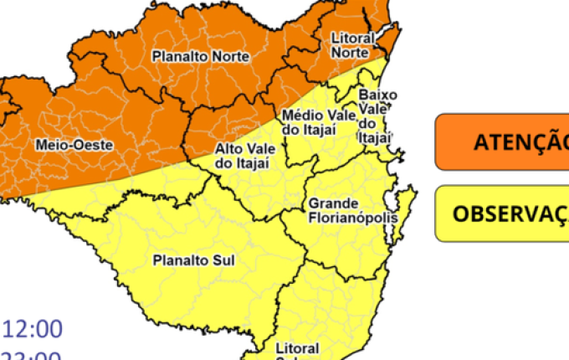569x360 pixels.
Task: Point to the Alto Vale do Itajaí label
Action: (242, 155)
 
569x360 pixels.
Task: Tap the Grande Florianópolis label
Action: (345, 211)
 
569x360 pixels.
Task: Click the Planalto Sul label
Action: (193, 260)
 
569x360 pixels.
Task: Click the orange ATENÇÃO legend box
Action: (502, 142)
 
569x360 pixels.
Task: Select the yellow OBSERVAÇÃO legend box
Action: (502, 213)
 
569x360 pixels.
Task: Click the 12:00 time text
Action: (33, 327)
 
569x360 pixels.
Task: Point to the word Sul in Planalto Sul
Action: (223, 260)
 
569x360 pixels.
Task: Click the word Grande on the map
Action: (333, 203)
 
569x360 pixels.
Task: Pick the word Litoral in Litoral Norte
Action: (350, 39)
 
